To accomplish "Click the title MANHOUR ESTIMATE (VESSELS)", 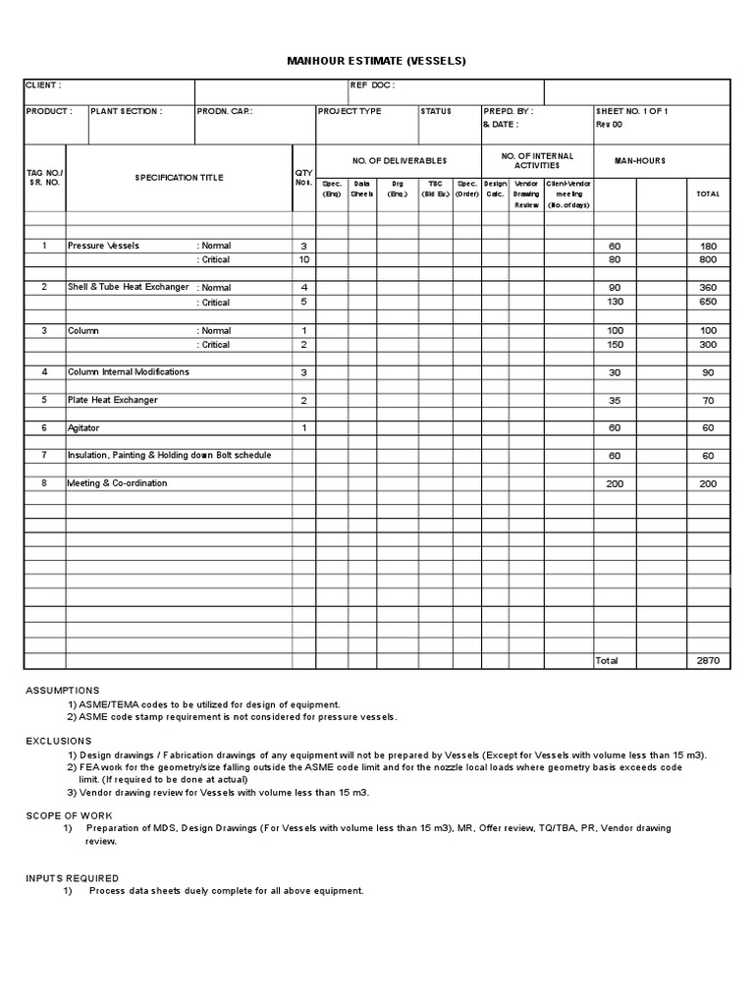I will pos(375,61).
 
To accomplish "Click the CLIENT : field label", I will pos(44,85).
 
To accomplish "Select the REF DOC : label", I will pos(372,85).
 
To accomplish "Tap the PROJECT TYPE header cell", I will pos(350,111).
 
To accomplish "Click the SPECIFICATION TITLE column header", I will pos(179,178).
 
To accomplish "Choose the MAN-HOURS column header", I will pos(640,160).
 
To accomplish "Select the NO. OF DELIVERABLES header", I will pos(399,160).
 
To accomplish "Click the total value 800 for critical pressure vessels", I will pos(707,260).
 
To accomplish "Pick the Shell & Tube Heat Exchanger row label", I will pos(128,287).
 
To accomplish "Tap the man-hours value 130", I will pos(616,302).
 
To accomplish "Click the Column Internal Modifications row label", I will pos(129,372).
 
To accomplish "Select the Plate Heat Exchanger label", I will pos(112,400).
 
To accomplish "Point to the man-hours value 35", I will pos(616,401).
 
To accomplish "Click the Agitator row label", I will pos(83,428).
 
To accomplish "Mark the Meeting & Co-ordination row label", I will pos(117,483).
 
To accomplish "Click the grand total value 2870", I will pos(707,661).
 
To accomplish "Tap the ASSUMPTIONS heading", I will pos(63,691).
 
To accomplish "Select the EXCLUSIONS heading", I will pos(59,741).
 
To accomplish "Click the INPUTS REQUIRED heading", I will pos(72,877).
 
